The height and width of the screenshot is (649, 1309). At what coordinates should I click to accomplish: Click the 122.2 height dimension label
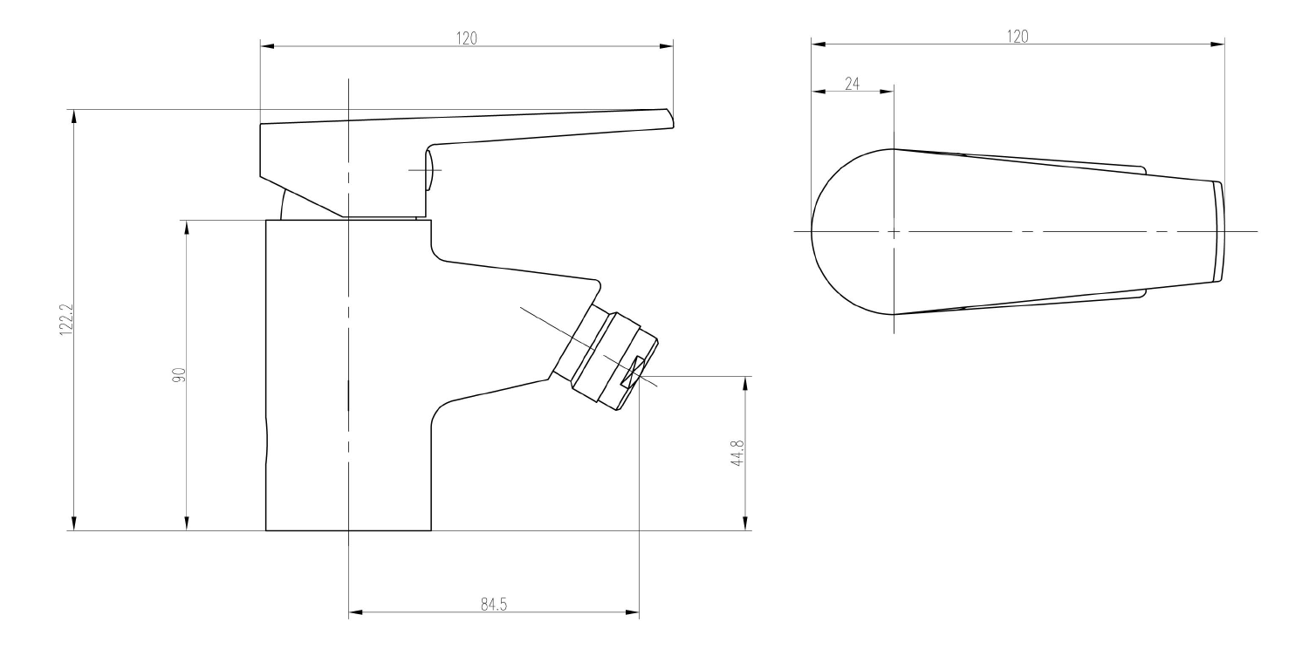[x=66, y=319]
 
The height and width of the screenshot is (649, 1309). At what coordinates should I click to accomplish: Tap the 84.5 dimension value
[x=494, y=605]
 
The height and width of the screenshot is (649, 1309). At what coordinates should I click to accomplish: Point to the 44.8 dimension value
[x=737, y=453]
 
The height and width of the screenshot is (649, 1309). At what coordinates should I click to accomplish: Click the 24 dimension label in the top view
[x=852, y=84]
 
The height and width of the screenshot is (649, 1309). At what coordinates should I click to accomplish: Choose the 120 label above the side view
[x=466, y=38]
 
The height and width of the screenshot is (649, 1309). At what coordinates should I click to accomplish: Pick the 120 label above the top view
[x=1018, y=37]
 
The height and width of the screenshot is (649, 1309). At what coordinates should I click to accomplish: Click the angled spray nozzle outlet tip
[x=639, y=374]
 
